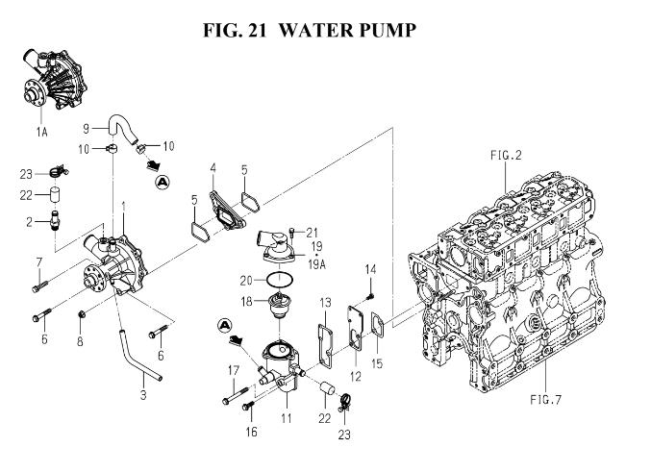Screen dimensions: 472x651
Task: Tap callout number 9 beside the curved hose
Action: (86, 128)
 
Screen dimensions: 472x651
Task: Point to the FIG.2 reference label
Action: (505, 155)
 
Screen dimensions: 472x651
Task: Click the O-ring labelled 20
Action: (278, 279)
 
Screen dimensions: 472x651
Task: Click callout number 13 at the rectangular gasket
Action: (326, 303)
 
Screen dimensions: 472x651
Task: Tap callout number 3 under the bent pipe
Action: (142, 393)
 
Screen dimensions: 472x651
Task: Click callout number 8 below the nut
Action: (80, 341)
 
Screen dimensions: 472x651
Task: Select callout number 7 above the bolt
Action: (39, 261)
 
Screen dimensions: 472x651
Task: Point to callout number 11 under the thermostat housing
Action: (285, 420)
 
